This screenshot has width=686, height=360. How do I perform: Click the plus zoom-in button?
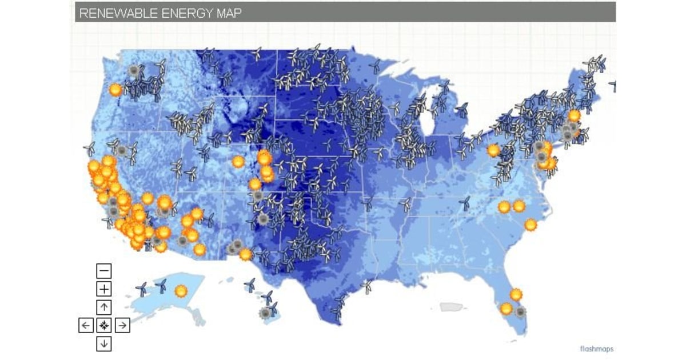[104, 289]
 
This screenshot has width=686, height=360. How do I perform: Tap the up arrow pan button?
[104, 307]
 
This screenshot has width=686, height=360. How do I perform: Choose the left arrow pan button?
[86, 326]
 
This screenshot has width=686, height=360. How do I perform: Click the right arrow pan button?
[122, 326]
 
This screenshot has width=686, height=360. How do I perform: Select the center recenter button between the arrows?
[104, 326]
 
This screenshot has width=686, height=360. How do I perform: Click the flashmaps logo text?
[597, 349]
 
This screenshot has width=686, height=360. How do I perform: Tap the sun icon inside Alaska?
[181, 290]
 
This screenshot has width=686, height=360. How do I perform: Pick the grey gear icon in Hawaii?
[264, 313]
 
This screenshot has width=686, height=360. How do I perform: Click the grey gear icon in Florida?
[520, 312]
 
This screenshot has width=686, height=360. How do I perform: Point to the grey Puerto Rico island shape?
[450, 307]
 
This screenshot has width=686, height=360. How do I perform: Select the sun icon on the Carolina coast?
[531, 225]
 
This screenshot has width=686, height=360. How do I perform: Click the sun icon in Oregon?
[116, 90]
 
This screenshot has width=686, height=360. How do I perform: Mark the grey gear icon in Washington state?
[134, 71]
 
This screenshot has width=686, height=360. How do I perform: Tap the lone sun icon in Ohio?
[493, 151]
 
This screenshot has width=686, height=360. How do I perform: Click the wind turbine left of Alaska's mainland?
[142, 289]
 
